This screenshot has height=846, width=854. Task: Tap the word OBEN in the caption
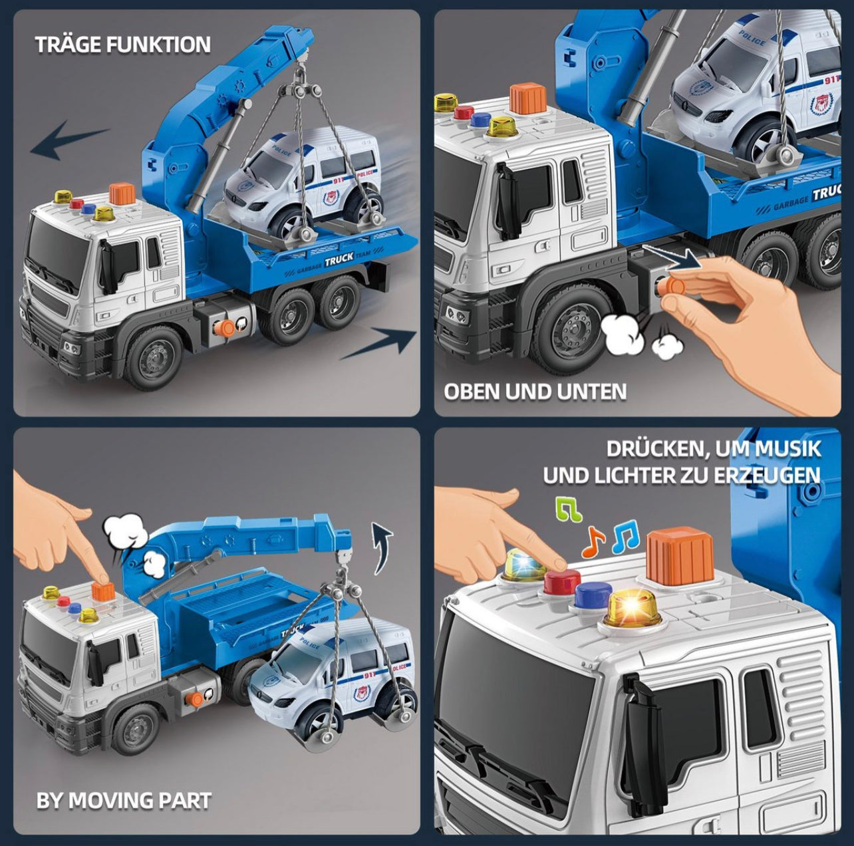coord(472,392)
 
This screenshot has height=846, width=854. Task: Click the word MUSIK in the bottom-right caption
coord(787,448)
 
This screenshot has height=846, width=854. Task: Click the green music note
coord(568,509)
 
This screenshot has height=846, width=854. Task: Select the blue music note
coord(625,537)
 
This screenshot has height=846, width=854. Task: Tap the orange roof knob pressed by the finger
coord(103,592)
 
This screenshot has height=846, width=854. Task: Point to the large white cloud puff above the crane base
coord(126,531)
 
